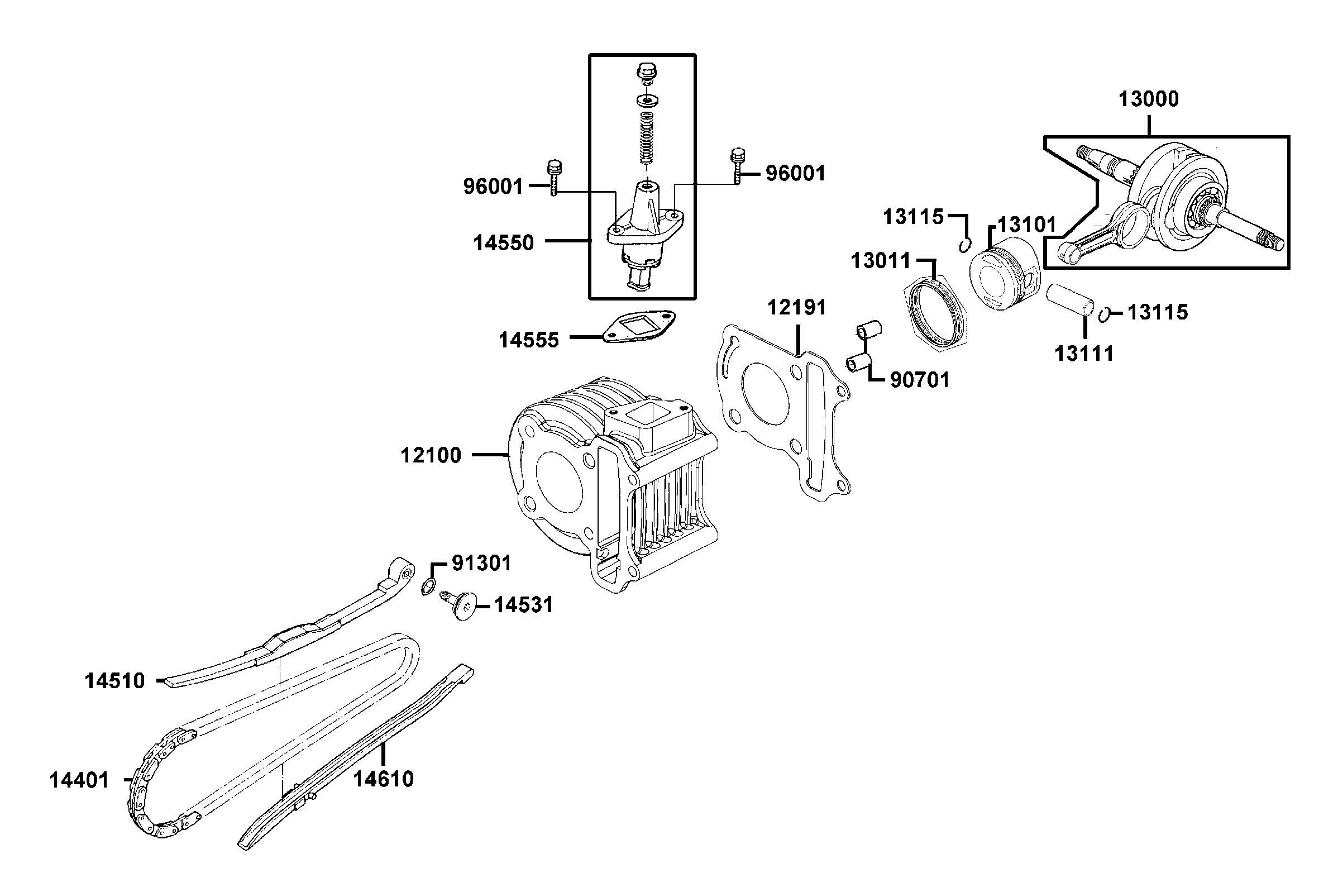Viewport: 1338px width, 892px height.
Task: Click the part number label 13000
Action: point(1148,99)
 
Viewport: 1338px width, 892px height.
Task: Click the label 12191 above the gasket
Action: point(796,308)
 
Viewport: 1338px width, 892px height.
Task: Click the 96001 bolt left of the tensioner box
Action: point(155,179)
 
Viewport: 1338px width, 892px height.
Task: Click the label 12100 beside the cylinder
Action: point(431,455)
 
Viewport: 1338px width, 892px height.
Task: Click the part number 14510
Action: point(115,681)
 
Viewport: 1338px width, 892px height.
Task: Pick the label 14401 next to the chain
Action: point(79,780)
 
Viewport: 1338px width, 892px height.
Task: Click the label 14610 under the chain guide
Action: point(383,779)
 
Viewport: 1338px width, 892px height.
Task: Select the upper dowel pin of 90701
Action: point(868,330)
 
